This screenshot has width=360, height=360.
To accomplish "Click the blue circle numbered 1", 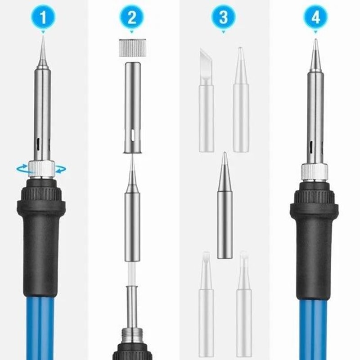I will tap(42, 18).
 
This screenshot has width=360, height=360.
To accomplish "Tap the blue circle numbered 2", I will tap(131, 18).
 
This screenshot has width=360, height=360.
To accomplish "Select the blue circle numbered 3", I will tap(224, 18).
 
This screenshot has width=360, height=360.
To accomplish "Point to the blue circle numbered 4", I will tap(315, 18).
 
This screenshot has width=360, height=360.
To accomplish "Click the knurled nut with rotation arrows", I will tap(41, 169).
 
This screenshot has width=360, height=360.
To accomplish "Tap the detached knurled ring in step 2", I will tap(131, 47).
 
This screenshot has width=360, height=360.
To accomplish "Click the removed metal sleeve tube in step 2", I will tap(131, 108).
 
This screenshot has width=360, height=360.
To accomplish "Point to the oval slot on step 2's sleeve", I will tap(132, 134).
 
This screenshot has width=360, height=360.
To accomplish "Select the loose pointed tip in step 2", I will tap(132, 211).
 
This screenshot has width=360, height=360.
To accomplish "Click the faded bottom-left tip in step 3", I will tap(206, 306).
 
